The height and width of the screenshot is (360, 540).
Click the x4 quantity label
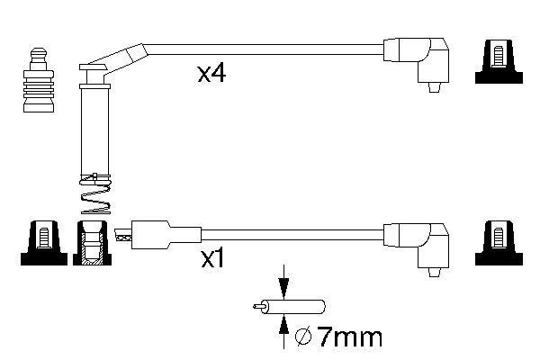pyautogui.click(x=211, y=73)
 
